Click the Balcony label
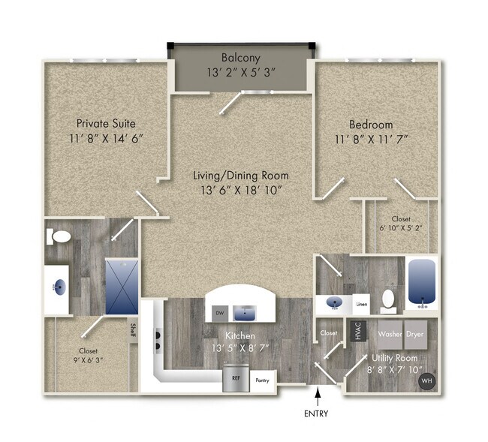(x=240, y=58)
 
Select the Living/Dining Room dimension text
(x=239, y=191)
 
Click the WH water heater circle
(x=427, y=381)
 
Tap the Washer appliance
(x=390, y=333)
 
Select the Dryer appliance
(x=417, y=333)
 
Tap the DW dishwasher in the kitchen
(x=220, y=312)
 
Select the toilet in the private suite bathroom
(x=60, y=237)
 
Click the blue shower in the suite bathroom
(x=121, y=286)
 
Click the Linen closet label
(x=361, y=304)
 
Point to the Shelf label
(x=133, y=331)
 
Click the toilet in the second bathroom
(x=388, y=299)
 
